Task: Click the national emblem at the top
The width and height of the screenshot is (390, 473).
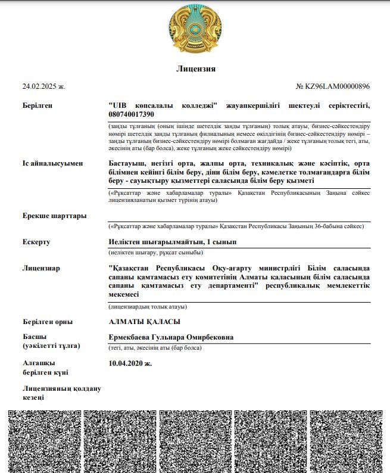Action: (195, 28)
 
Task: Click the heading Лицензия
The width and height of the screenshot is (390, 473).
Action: (195, 69)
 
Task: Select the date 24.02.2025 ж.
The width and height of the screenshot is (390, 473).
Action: (43, 86)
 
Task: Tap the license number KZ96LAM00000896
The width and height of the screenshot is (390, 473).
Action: (333, 86)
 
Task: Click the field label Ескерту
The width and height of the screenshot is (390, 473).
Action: (36, 242)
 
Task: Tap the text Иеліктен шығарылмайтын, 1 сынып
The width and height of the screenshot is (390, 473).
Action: (173, 242)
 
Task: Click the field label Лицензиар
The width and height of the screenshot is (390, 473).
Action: (41, 268)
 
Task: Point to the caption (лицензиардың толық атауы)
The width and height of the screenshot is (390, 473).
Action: (148, 307)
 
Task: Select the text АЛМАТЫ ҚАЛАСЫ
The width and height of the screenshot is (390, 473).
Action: (144, 322)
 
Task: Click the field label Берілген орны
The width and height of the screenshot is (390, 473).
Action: (48, 322)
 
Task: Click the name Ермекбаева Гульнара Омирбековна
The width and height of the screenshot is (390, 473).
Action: (171, 337)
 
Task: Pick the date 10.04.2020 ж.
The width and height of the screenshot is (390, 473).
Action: (130, 362)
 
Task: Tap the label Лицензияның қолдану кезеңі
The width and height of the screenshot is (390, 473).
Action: (61, 393)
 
